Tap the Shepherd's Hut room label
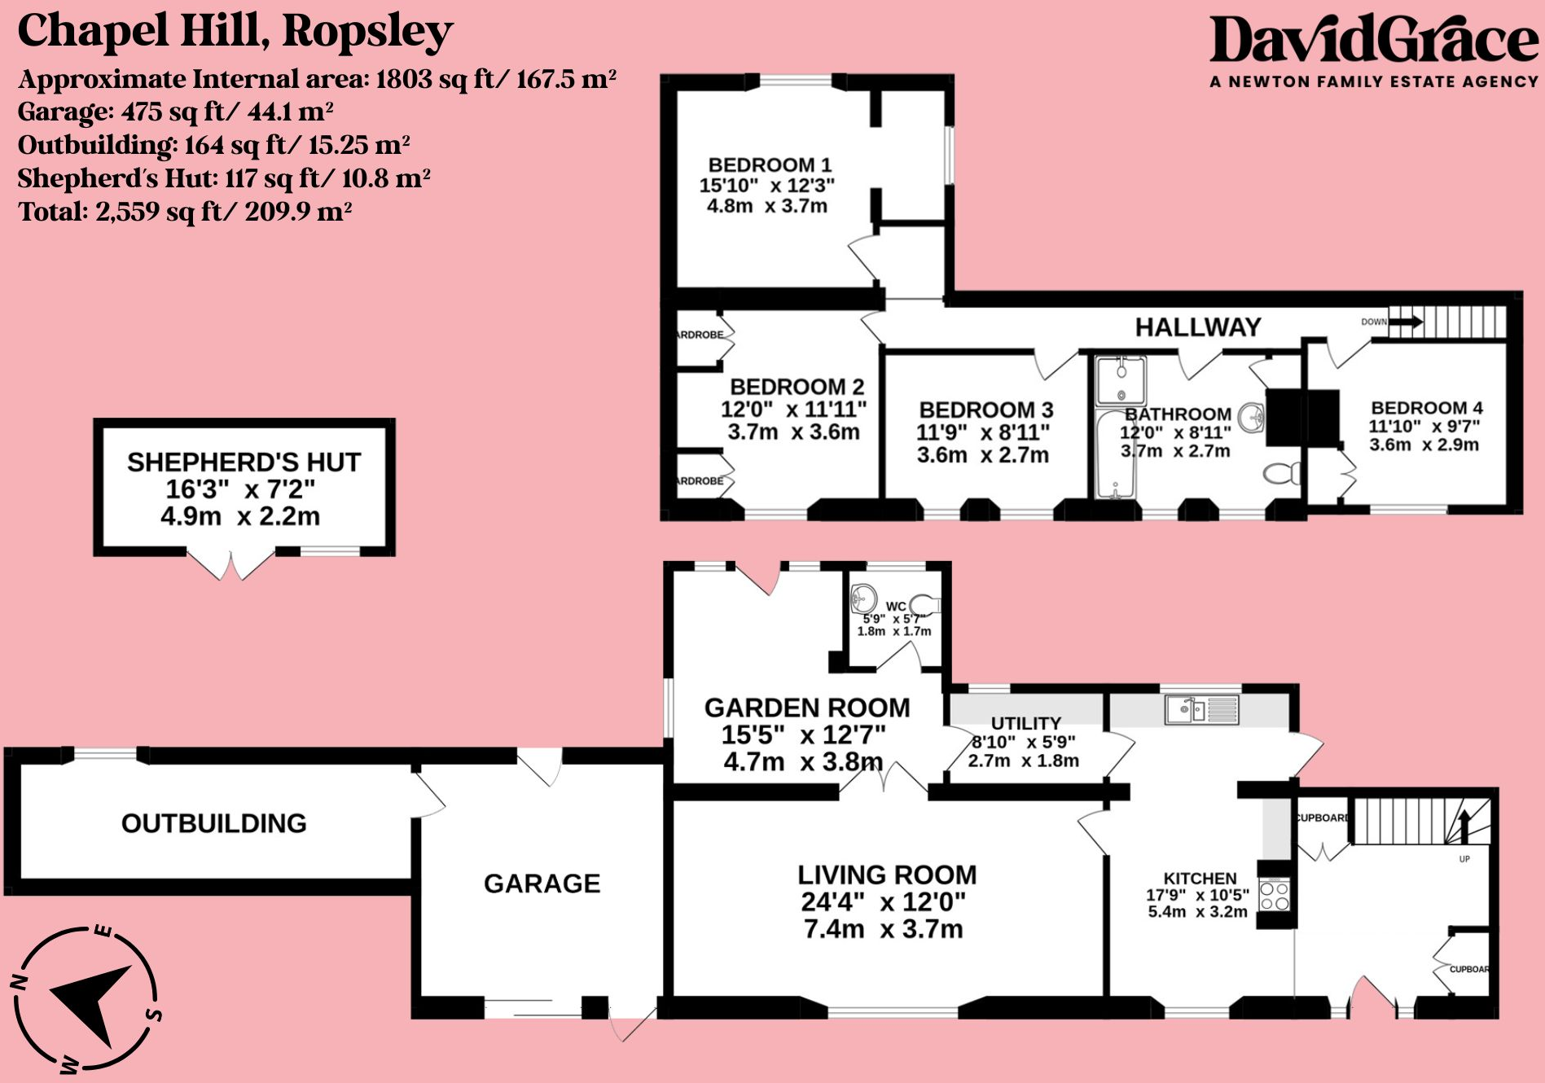244,463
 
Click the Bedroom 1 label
770,165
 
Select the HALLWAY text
1198,327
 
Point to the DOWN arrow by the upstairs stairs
1405,322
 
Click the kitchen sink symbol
1202,710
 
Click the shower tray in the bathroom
1121,379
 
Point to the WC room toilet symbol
925,605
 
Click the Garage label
542,883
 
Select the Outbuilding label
214,823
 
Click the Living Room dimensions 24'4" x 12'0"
883,902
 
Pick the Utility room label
1025,723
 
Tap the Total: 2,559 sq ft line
185,213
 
